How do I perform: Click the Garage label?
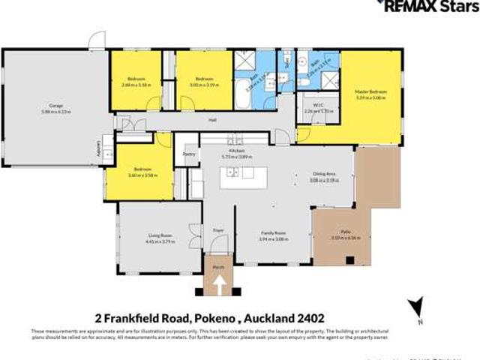[55, 106]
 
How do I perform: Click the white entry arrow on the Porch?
[220, 285]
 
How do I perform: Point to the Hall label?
[212, 119]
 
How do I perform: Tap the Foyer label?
[218, 229]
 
